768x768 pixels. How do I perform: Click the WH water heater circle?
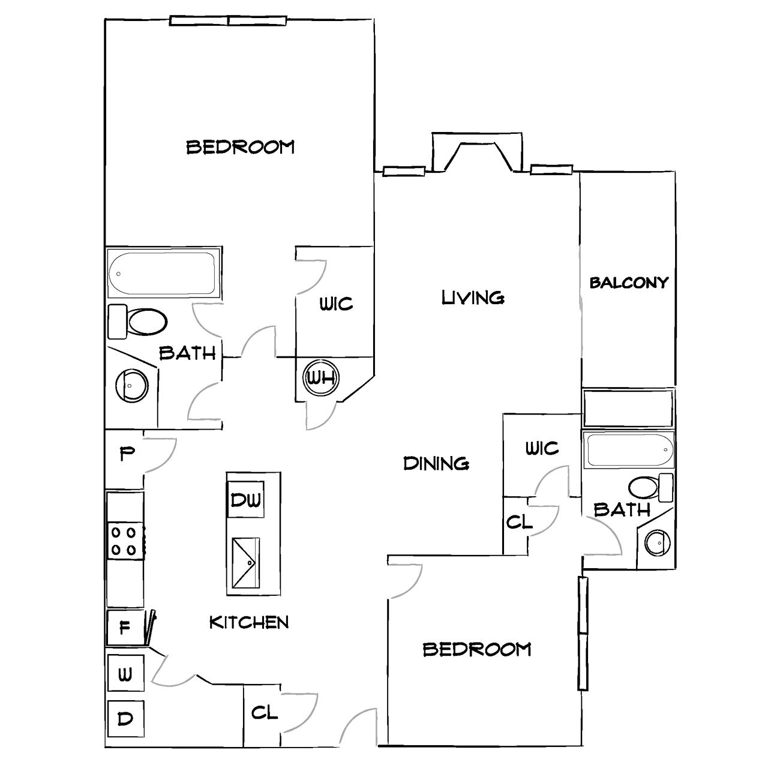321,377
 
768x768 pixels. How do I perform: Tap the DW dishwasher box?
245,499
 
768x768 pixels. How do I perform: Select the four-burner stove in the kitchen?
126,540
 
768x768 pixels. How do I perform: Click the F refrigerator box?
125,628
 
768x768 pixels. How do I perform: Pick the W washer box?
125,673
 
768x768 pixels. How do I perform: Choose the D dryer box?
125,719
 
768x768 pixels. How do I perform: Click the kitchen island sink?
245,563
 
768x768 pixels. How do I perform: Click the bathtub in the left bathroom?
163,273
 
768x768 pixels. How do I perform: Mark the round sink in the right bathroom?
658,543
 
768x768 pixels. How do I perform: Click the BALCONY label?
629,283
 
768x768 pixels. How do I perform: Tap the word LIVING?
473,298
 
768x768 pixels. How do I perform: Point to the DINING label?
436,463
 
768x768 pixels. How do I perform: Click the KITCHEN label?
249,622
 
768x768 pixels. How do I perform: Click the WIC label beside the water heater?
337,304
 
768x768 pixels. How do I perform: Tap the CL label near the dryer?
264,713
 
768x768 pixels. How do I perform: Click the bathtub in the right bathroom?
629,450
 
